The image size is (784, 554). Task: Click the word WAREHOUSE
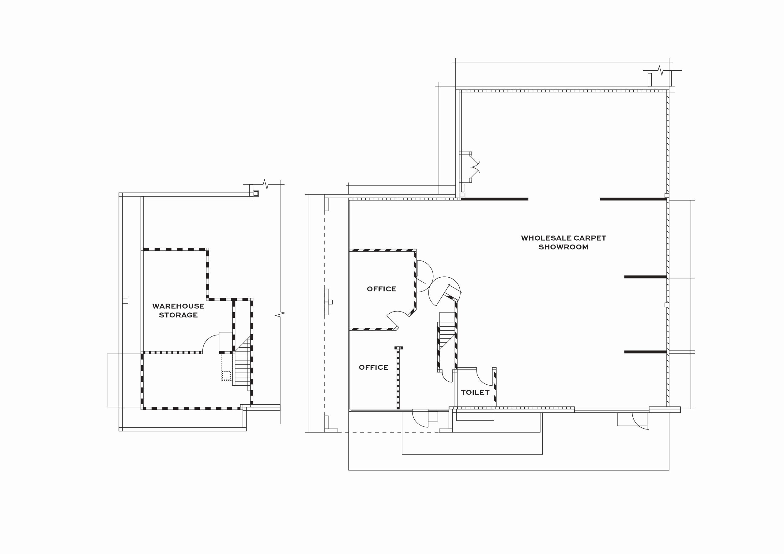coord(178,306)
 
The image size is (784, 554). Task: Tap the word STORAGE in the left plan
coord(178,315)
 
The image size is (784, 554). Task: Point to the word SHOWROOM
coord(563,247)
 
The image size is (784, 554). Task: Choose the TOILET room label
coord(475,393)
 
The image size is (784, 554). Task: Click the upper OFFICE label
coord(381,289)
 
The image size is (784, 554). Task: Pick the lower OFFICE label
coord(373,367)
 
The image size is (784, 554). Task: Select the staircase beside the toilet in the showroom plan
coord(447,331)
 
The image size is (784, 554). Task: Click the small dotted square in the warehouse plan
coord(226,376)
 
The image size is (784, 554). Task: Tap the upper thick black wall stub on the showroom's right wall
coord(645,277)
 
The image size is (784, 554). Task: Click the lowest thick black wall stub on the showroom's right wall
coord(645,352)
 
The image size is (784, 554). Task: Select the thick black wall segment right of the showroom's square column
coord(495,199)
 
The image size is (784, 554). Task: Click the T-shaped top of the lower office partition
coord(398,348)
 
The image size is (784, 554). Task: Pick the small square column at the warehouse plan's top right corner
coord(256,193)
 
